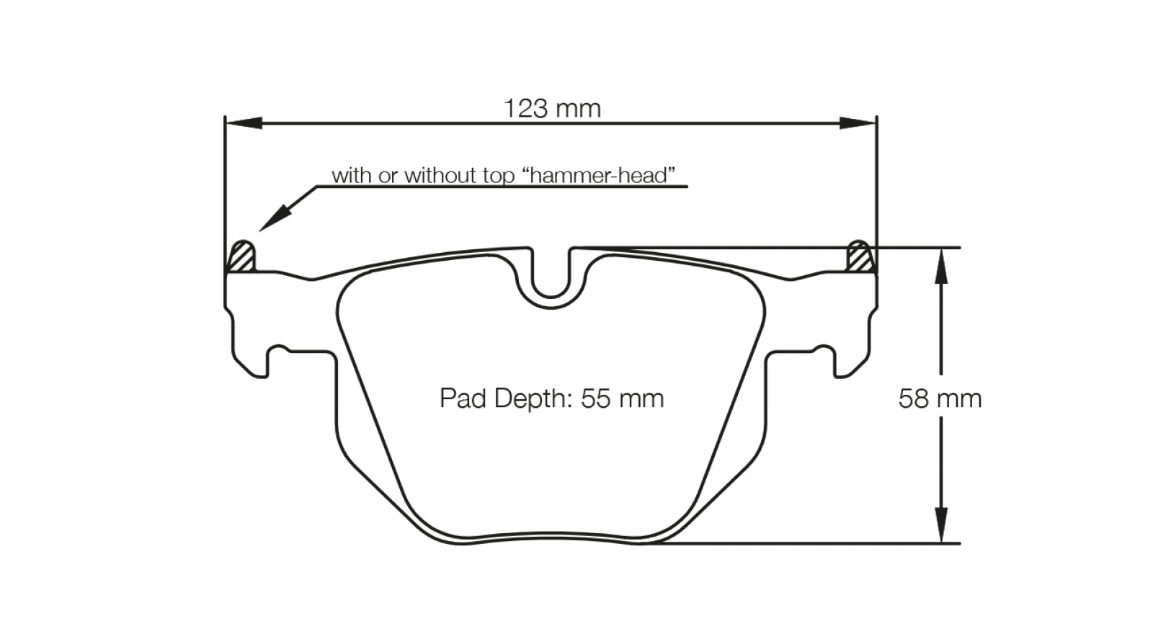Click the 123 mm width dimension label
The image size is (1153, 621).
pos(552,109)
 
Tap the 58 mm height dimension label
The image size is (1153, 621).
pos(940,398)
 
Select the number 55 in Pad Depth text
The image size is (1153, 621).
pos(595,398)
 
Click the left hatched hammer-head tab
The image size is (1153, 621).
pos(241,256)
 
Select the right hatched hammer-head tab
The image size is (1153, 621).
pos(860,256)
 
